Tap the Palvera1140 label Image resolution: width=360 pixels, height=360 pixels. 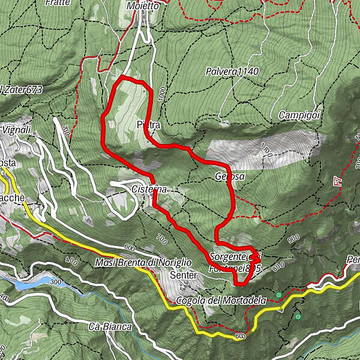231,71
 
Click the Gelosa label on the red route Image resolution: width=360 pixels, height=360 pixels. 229,177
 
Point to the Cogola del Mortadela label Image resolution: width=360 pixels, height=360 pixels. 220,300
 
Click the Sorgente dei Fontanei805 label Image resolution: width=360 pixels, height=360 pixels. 235,262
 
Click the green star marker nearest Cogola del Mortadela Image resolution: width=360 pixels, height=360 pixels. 278,295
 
